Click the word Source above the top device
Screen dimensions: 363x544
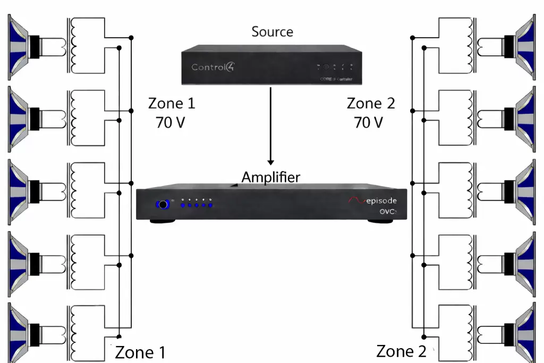point(272,31)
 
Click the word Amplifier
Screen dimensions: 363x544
point(270,177)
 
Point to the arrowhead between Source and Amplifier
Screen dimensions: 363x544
point(271,161)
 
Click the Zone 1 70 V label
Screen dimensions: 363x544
point(172,113)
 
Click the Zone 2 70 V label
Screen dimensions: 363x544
point(370,113)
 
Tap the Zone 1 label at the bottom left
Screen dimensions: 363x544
point(140,352)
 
